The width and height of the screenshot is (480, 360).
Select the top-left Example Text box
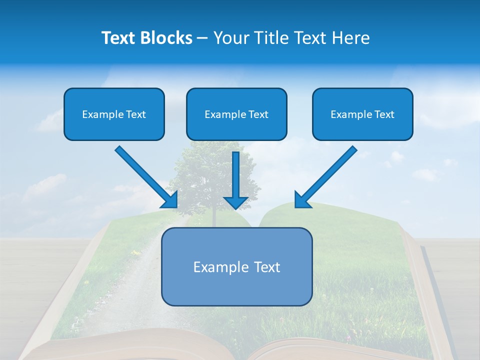[114, 114]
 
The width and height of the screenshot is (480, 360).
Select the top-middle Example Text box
[236, 114]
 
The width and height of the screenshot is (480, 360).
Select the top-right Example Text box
[362, 114]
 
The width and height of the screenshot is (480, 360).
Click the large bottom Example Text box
[236, 267]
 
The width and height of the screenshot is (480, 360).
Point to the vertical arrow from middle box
[236, 175]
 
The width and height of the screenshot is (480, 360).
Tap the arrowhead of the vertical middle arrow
[236, 202]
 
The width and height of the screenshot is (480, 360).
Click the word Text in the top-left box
[136, 114]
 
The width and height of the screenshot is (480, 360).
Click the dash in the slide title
[202, 38]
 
